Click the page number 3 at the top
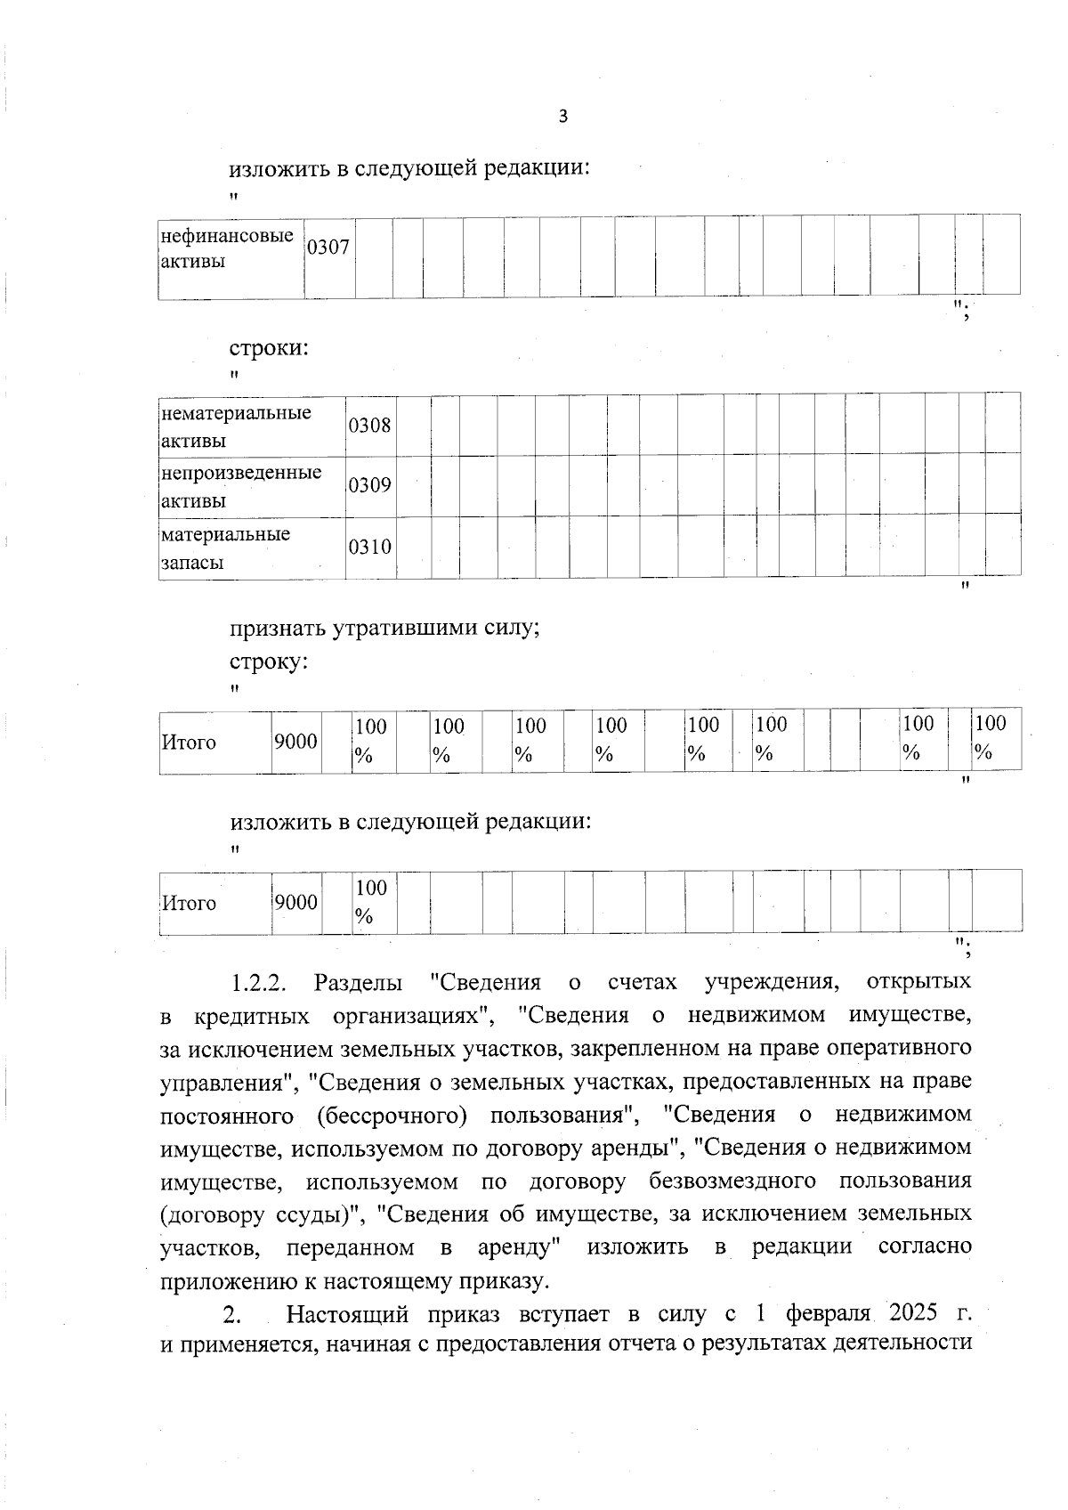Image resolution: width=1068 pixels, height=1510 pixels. pyautogui.click(x=562, y=117)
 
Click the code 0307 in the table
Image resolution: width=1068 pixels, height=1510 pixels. pyautogui.click(x=328, y=248)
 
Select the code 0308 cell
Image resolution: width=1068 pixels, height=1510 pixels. pyautogui.click(x=369, y=426)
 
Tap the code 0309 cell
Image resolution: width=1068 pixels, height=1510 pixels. pyautogui.click(x=369, y=485)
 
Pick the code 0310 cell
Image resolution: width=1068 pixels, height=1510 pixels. pyautogui.click(x=369, y=547)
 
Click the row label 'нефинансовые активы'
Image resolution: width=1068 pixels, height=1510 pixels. pyautogui.click(x=227, y=248)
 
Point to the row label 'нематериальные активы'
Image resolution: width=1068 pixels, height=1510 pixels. pyautogui.click(x=236, y=426)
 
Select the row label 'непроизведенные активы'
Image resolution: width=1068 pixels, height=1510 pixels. pyautogui.click(x=240, y=485)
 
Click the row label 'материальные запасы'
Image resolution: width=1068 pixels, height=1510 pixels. pyautogui.click(x=225, y=548)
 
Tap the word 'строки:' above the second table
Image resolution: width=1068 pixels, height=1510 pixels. pyautogui.click(x=270, y=347)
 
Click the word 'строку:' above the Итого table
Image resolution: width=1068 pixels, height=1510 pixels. pyautogui.click(x=270, y=662)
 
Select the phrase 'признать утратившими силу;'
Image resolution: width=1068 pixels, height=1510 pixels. pyautogui.click(x=385, y=628)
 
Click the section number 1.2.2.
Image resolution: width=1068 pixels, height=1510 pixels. pyautogui.click(x=258, y=983)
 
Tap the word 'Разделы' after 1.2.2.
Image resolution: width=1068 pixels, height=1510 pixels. pyautogui.click(x=358, y=983)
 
